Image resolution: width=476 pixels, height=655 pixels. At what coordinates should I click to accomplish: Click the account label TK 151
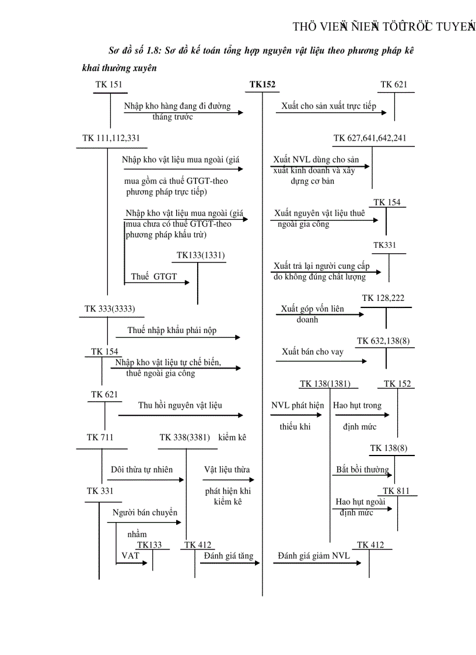(109, 85)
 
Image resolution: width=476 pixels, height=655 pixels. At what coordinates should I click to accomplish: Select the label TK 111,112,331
(111, 138)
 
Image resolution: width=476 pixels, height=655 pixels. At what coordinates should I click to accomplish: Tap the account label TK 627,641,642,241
(370, 138)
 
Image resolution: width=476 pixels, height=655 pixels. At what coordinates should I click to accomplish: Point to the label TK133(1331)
(201, 255)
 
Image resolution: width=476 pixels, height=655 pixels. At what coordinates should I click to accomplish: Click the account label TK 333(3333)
(110, 309)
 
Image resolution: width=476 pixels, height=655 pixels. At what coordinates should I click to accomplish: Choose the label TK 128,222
(383, 298)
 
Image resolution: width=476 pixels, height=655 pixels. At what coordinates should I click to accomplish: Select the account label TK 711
(100, 437)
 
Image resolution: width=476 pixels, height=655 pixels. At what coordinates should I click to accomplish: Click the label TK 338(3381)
(184, 437)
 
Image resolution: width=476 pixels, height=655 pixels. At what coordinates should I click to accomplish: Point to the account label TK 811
(396, 491)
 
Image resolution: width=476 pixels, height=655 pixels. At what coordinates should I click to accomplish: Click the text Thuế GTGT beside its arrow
(154, 277)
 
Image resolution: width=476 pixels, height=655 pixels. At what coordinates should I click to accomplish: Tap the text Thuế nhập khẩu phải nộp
(172, 331)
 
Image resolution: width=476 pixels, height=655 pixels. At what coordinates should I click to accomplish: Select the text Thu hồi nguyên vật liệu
(180, 405)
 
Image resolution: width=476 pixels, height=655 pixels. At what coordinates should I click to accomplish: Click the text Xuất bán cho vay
(313, 352)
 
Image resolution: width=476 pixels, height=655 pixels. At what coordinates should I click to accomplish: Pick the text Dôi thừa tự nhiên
(142, 470)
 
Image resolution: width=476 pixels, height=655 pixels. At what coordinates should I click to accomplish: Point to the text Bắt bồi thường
(362, 470)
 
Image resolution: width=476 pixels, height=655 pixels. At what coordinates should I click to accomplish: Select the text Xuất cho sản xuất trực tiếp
(328, 107)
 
